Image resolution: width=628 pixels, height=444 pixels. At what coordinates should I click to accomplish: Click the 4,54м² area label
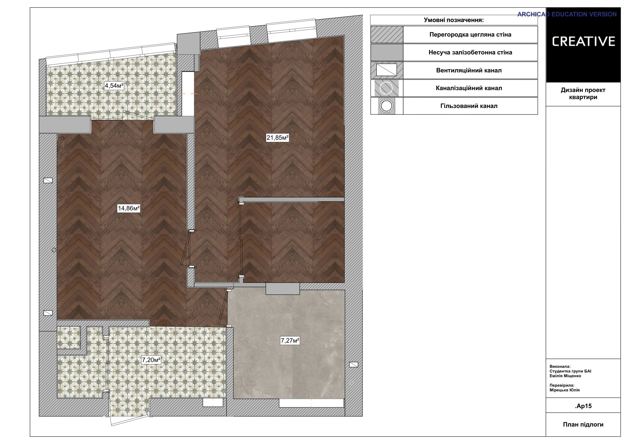[x=114, y=86]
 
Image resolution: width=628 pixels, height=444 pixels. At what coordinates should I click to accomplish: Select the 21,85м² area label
[x=278, y=138]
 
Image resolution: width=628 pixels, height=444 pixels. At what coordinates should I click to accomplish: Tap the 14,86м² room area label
[x=129, y=209]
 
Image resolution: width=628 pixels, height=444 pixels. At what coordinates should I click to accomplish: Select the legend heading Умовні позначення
[x=454, y=20]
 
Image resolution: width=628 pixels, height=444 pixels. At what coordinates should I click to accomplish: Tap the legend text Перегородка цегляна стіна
[x=470, y=35]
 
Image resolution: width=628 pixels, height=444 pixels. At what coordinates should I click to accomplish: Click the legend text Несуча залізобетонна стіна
[x=470, y=52]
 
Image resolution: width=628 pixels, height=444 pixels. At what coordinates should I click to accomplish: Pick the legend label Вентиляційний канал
[x=469, y=70]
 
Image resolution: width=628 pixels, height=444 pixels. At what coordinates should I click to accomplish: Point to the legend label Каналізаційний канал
[x=469, y=88]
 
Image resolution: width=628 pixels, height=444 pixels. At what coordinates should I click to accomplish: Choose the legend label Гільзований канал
[x=469, y=106]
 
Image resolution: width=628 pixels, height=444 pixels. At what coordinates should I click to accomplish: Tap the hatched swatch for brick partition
[x=387, y=35]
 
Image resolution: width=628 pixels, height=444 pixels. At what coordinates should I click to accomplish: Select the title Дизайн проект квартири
[x=583, y=93]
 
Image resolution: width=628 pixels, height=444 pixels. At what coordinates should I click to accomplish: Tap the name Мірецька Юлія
[x=564, y=390]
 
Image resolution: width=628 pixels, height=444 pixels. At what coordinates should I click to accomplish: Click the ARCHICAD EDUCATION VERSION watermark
[x=567, y=14]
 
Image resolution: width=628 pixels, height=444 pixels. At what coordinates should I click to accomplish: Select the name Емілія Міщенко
[x=565, y=376]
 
